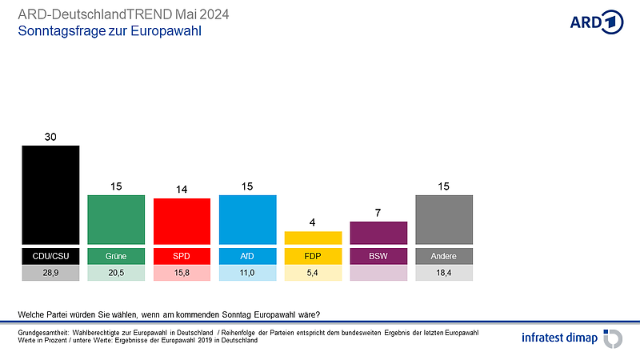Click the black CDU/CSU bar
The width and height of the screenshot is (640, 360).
click(x=50, y=194)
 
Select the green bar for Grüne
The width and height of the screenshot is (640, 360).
click(x=116, y=219)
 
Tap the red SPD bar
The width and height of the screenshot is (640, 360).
click(x=182, y=221)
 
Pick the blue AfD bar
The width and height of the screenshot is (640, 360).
click(x=247, y=219)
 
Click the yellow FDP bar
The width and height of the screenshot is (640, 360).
click(x=313, y=238)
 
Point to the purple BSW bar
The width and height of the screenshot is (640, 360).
click(x=378, y=233)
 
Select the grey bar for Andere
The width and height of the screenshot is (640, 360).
click(x=444, y=219)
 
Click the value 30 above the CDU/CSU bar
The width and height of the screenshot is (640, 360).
click(x=50, y=137)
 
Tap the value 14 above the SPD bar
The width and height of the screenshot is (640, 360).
click(x=182, y=190)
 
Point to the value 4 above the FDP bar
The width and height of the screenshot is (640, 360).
click(x=313, y=222)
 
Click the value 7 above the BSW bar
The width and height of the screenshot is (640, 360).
click(x=378, y=213)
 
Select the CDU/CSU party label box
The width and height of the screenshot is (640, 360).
click(x=50, y=256)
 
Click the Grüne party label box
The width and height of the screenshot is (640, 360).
click(x=116, y=256)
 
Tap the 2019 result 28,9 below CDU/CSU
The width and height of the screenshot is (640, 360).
click(x=50, y=273)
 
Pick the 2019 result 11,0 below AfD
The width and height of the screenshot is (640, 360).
click(x=247, y=273)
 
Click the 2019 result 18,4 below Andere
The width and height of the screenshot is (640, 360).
click(x=444, y=273)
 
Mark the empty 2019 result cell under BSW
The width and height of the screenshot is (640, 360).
click(x=378, y=273)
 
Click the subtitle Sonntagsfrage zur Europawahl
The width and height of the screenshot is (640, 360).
click(x=109, y=32)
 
